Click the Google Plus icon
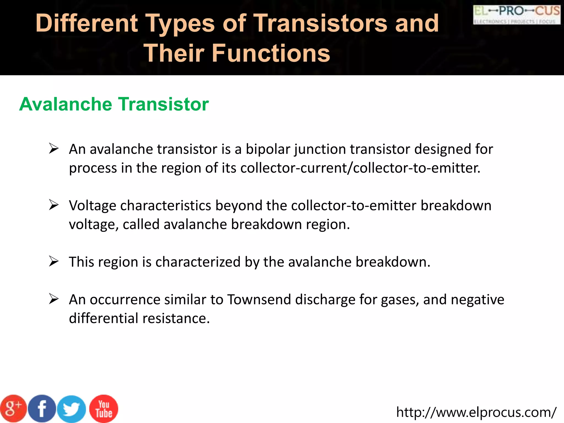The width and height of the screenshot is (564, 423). click(13, 409)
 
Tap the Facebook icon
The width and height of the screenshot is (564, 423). click(42, 409)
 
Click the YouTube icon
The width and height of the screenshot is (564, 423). click(104, 409)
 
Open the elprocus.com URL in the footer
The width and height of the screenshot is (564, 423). click(476, 412)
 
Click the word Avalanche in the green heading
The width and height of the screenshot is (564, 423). click(66, 104)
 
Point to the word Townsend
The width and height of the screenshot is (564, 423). click(259, 300)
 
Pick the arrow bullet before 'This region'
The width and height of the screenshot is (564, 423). click(54, 261)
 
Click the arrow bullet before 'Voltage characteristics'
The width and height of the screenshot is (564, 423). click(54, 205)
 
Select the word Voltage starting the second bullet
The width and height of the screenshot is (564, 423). click(93, 206)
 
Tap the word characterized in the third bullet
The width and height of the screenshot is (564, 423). click(198, 262)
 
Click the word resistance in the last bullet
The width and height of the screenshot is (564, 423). click(176, 318)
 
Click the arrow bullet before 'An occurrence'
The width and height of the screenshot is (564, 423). click(54, 299)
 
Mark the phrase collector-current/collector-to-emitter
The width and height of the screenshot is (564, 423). click(360, 168)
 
